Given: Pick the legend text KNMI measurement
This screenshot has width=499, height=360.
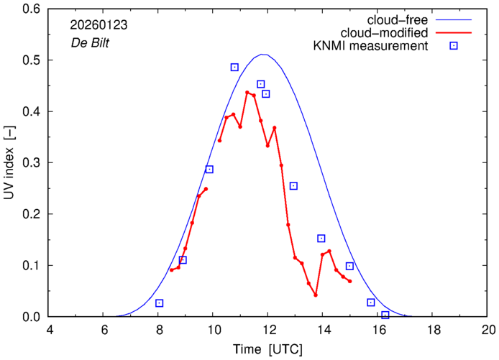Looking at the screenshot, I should (x=375, y=47).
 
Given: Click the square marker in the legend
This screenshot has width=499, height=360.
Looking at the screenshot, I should (x=454, y=47).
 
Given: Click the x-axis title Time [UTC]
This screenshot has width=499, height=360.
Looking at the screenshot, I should (x=267, y=349).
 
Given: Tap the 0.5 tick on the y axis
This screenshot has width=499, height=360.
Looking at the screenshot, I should (x=32, y=60).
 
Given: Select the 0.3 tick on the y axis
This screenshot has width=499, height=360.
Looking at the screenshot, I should (x=32, y=163).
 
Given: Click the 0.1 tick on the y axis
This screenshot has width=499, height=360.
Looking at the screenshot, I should (x=32, y=266).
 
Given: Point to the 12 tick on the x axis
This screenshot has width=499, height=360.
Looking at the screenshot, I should (x=267, y=330).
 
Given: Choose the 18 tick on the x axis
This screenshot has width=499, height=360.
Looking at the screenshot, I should (x=433, y=330).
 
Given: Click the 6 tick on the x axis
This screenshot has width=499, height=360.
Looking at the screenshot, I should (x=104, y=330).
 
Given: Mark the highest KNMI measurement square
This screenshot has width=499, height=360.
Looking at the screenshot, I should (x=234, y=67).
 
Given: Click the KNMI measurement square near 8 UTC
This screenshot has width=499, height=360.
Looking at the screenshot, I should (x=160, y=303).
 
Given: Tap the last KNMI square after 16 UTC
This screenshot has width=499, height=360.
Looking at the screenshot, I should (x=385, y=315).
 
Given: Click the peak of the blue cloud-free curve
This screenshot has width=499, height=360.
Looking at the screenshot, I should (x=263, y=55).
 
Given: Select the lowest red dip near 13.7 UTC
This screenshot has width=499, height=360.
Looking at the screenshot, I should (x=315, y=295).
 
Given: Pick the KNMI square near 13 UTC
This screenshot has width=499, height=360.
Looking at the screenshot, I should (x=293, y=186).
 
